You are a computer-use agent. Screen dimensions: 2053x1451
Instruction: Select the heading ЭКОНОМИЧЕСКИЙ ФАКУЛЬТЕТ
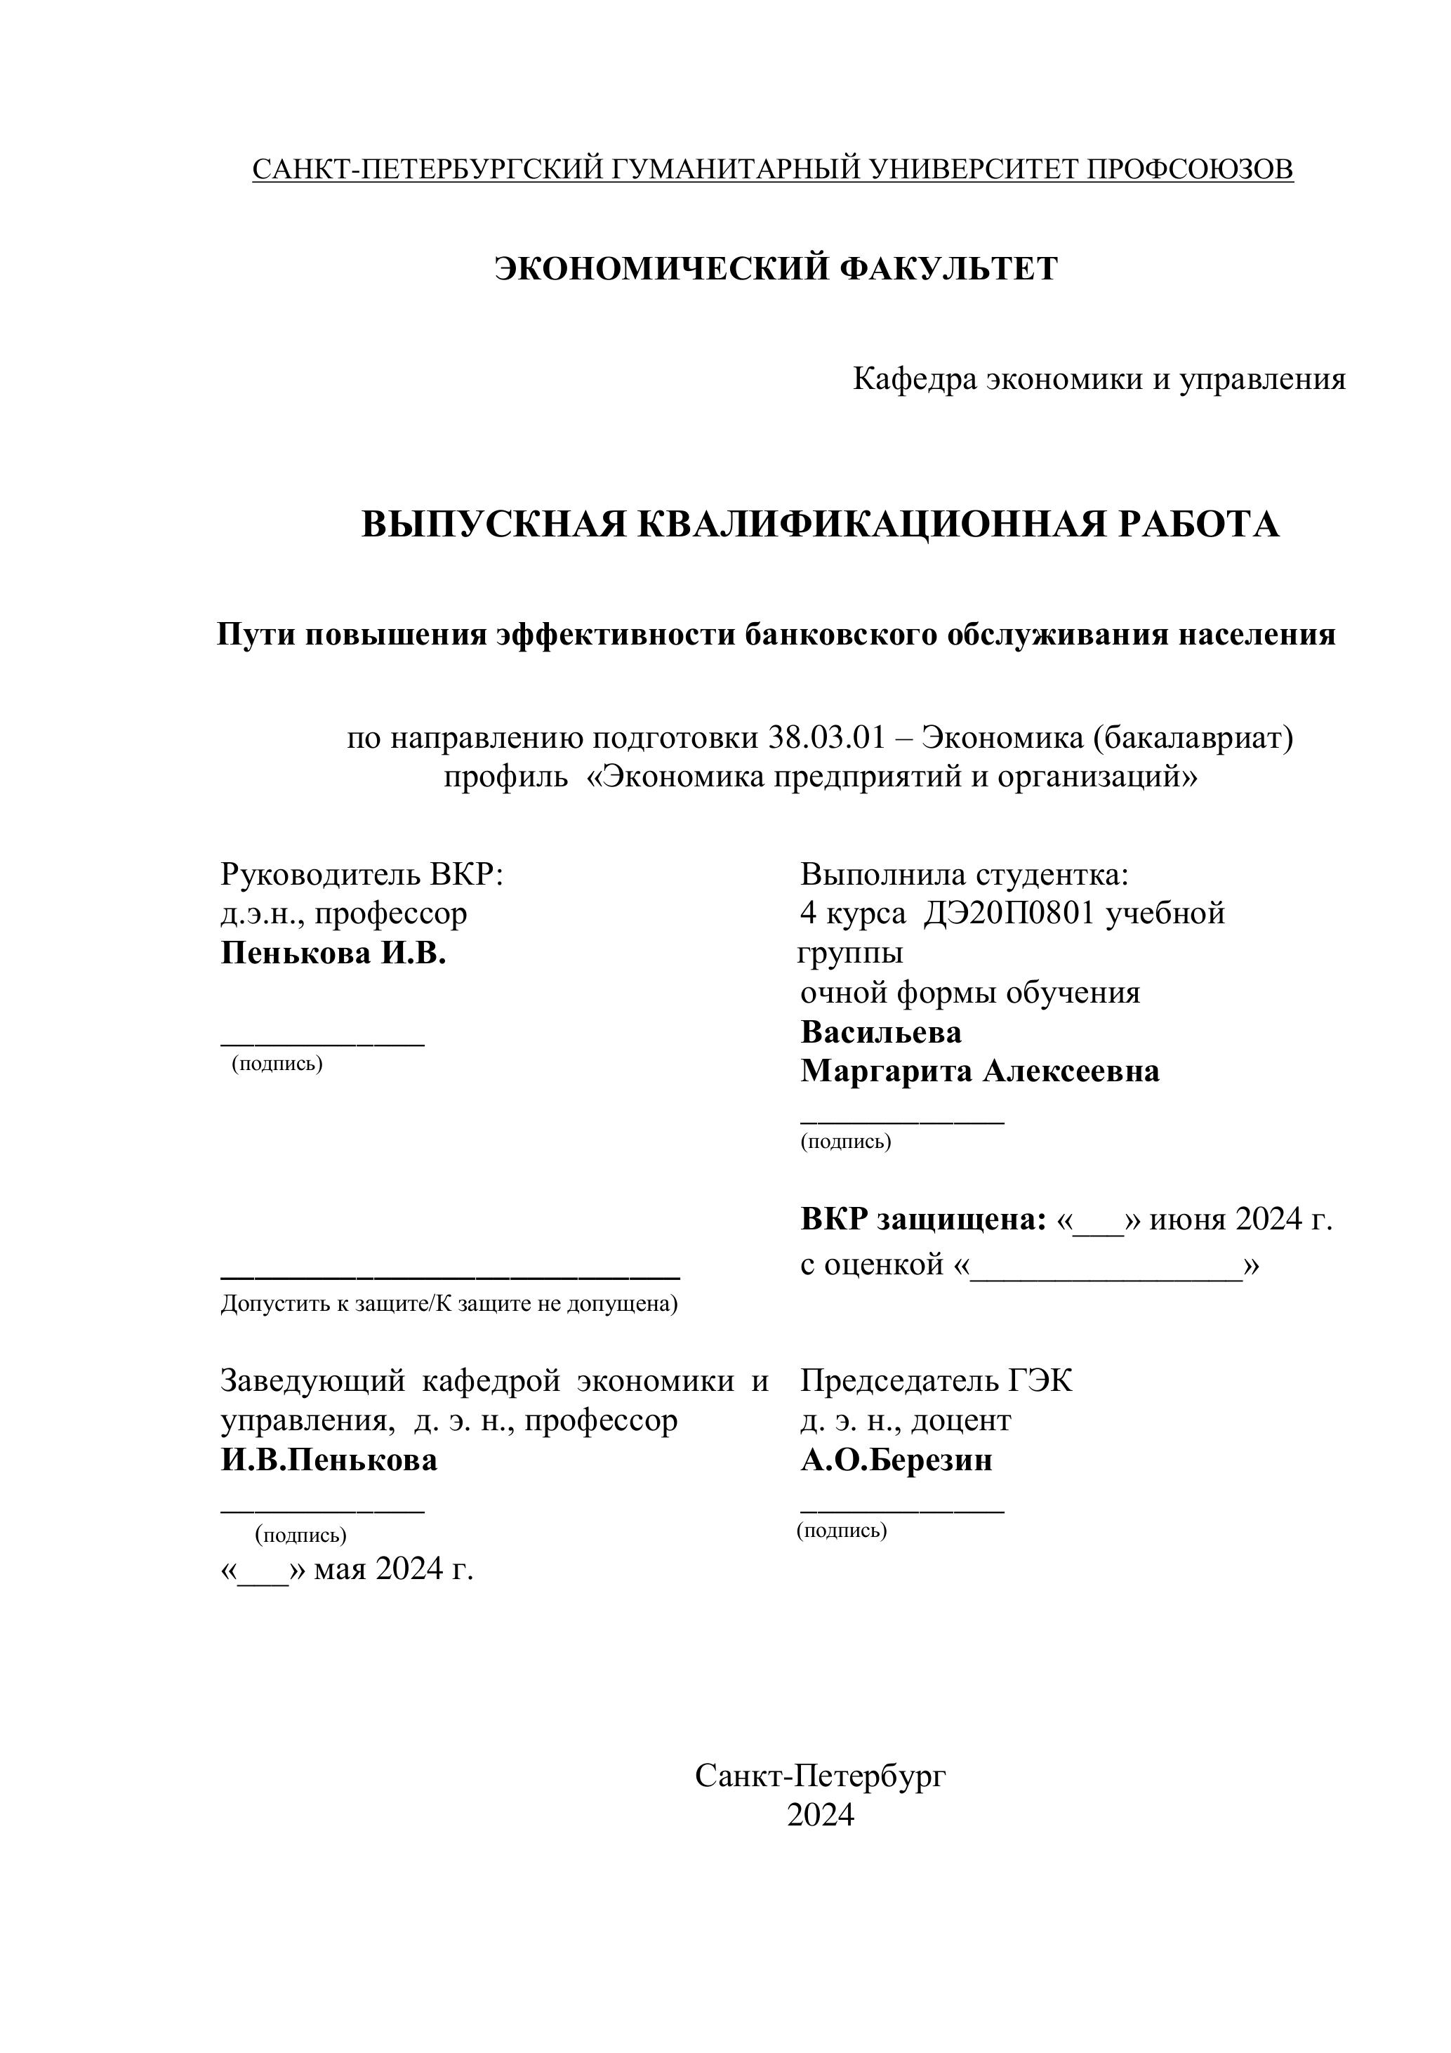pyautogui.click(x=776, y=268)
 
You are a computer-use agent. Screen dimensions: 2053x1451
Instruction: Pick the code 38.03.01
pyautogui.click(x=826, y=738)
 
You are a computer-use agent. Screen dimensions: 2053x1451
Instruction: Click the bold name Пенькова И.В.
pyautogui.click(x=333, y=953)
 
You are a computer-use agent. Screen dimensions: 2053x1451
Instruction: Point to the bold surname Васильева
pyautogui.click(x=880, y=1033)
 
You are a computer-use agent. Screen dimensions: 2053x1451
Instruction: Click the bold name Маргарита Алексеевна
pyautogui.click(x=980, y=1071)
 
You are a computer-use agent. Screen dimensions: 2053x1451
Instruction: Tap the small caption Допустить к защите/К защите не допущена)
pyautogui.click(x=449, y=1305)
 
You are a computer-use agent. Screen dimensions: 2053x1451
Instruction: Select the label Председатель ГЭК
pyautogui.click(x=936, y=1382)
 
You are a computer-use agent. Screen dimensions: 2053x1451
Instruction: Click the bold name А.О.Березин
pyautogui.click(x=896, y=1460)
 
